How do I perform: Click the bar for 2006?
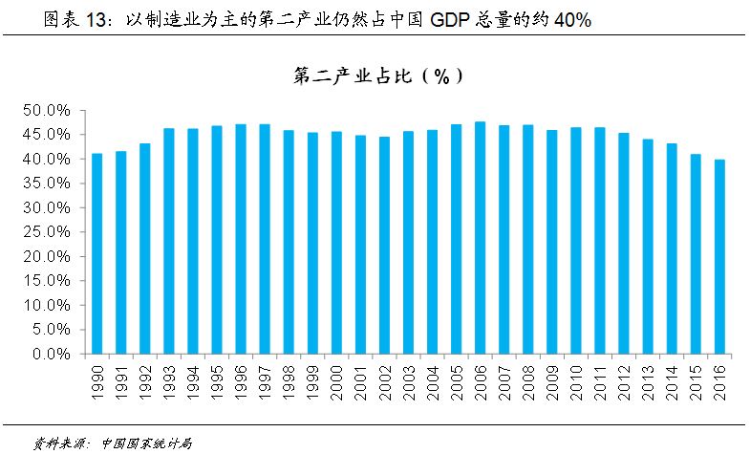click(x=480, y=238)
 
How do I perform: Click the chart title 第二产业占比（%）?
click(x=381, y=78)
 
